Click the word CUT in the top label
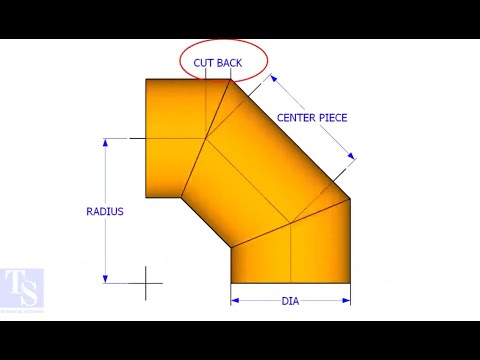pyautogui.click(x=204, y=63)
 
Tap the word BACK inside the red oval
pyautogui.click(x=229, y=63)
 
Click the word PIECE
pyautogui.click(x=332, y=118)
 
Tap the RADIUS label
pyautogui.click(x=105, y=212)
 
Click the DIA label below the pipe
pyautogui.click(x=290, y=301)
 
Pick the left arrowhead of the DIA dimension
pyautogui.click(x=235, y=299)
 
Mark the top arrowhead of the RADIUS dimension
pyautogui.click(x=105, y=143)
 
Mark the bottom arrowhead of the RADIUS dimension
pyautogui.click(x=105, y=279)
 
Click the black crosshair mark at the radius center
pyautogui.click(x=146, y=283)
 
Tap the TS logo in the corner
pyautogui.click(x=22, y=288)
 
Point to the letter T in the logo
pyautogui.click(x=13, y=281)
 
